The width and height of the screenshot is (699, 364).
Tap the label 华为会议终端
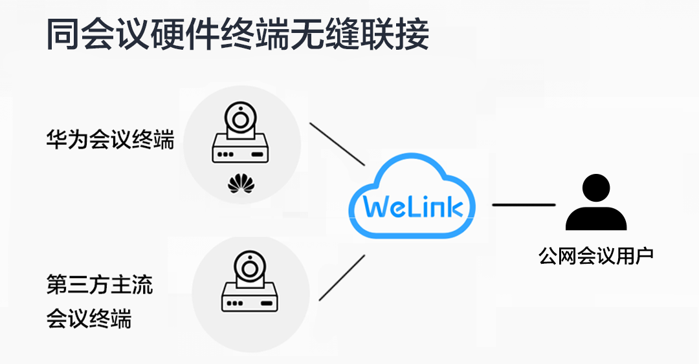[110, 140]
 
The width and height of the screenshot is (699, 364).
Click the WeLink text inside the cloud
[413, 208]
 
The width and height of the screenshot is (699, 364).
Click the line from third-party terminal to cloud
[342, 278]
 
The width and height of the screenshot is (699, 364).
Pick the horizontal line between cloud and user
[524, 205]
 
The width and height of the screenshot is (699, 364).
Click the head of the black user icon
[595, 189]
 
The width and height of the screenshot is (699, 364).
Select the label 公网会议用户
[595, 256]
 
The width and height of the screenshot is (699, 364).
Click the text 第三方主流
[100, 285]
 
